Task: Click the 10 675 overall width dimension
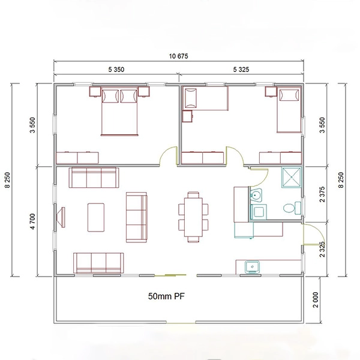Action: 178,56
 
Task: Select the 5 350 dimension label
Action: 116,70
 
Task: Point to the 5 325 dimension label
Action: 241,70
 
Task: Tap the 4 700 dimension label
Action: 32,221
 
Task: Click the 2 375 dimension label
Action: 322,194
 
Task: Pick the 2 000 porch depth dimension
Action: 316,300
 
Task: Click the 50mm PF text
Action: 166,296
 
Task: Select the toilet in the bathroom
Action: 292,208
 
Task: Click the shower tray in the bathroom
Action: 292,178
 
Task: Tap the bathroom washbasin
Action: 256,195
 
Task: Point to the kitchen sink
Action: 252,267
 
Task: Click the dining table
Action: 193,217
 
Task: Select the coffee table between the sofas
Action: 96,217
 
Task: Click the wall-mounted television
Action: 61,217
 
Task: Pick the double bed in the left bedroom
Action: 119,111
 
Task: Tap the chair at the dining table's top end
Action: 193,194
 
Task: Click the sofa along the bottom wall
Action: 98,263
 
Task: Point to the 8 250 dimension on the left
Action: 7,180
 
